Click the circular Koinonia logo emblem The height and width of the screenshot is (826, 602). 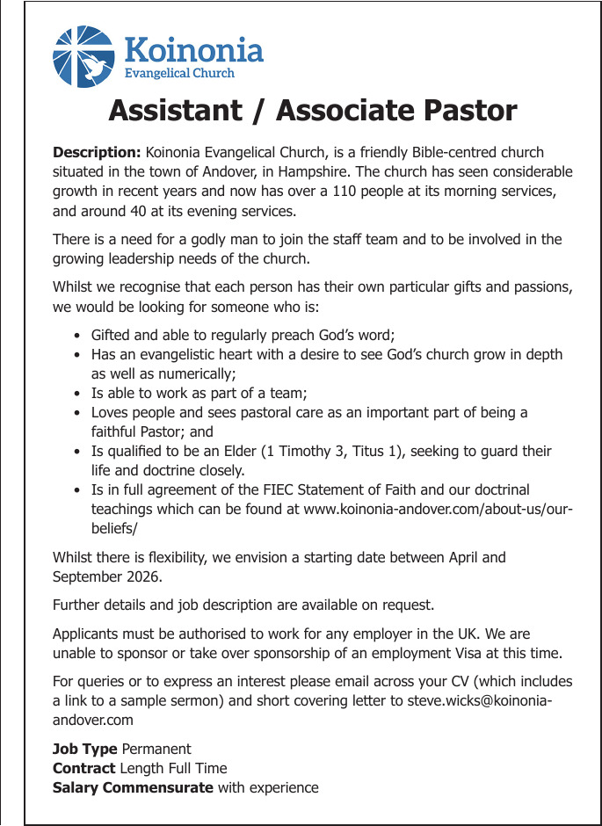coord(83,56)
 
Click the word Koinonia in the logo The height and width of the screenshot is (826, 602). coord(194,48)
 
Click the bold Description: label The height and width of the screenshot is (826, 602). coord(97,153)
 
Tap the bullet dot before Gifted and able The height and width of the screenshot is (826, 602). coord(78,336)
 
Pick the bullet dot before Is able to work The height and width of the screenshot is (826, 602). coord(78,394)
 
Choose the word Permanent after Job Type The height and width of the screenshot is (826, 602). coord(156,750)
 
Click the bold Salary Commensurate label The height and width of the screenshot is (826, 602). coord(133,788)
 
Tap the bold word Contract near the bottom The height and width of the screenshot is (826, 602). coord(83,769)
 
